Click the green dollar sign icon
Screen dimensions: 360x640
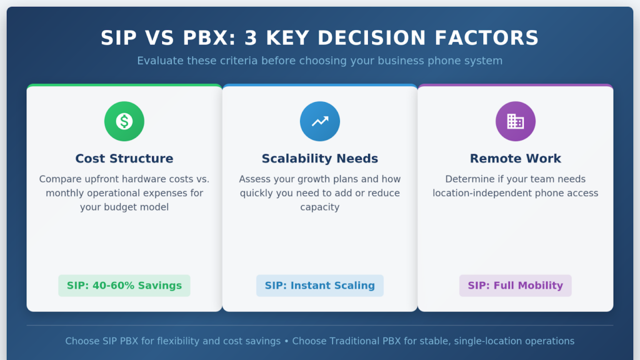click(x=124, y=121)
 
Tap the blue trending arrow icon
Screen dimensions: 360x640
click(x=320, y=121)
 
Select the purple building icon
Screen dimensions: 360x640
click(x=516, y=121)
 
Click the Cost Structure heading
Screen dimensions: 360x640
click(x=124, y=159)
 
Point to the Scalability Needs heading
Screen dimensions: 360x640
click(x=320, y=159)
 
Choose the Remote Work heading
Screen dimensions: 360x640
click(x=516, y=159)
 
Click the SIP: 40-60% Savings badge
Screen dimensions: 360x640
click(x=124, y=286)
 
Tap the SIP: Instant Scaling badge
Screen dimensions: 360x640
click(x=320, y=286)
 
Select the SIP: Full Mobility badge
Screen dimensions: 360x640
click(x=516, y=286)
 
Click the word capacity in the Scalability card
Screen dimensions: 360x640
click(x=320, y=207)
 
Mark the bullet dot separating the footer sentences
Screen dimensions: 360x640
click(x=286, y=341)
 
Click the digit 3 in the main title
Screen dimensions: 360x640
click(x=249, y=38)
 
